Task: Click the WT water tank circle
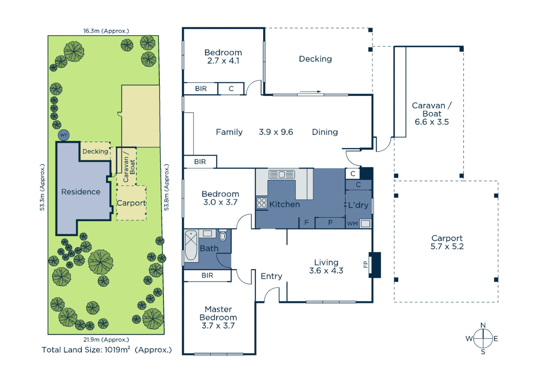point(64,135)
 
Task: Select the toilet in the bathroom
point(223,236)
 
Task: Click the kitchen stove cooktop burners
point(262,203)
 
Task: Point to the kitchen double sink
point(282,174)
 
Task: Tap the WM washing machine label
point(352,224)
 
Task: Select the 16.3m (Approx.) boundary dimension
point(106,31)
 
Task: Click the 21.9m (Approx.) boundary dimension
point(106,340)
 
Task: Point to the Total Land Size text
point(107,350)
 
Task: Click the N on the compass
point(483,325)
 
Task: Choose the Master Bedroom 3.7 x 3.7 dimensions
point(218,326)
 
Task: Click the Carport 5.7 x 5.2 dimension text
point(447,247)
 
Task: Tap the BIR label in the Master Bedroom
point(207,276)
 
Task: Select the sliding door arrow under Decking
point(311,92)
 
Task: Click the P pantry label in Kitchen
point(330,222)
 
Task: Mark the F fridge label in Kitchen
point(307,222)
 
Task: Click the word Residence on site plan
point(81,192)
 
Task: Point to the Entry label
point(271,276)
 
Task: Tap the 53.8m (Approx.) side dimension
point(166,187)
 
